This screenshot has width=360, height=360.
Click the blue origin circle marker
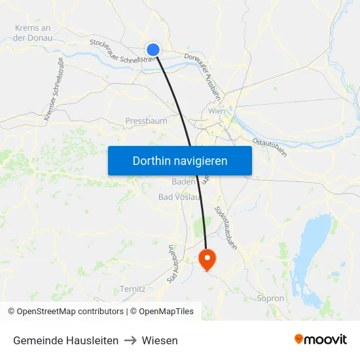153,50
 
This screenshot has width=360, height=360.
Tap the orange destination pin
207,259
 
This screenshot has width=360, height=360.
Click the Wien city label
216,111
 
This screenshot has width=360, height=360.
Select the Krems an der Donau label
32,33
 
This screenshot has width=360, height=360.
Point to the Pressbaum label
146,121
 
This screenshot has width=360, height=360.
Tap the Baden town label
183,181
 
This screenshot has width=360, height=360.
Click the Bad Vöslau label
179,196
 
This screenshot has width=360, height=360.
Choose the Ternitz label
132,289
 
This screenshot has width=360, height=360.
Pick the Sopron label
271,298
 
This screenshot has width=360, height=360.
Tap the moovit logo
321,340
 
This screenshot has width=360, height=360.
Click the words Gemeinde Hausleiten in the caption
65,340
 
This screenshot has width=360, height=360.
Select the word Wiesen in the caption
160,340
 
